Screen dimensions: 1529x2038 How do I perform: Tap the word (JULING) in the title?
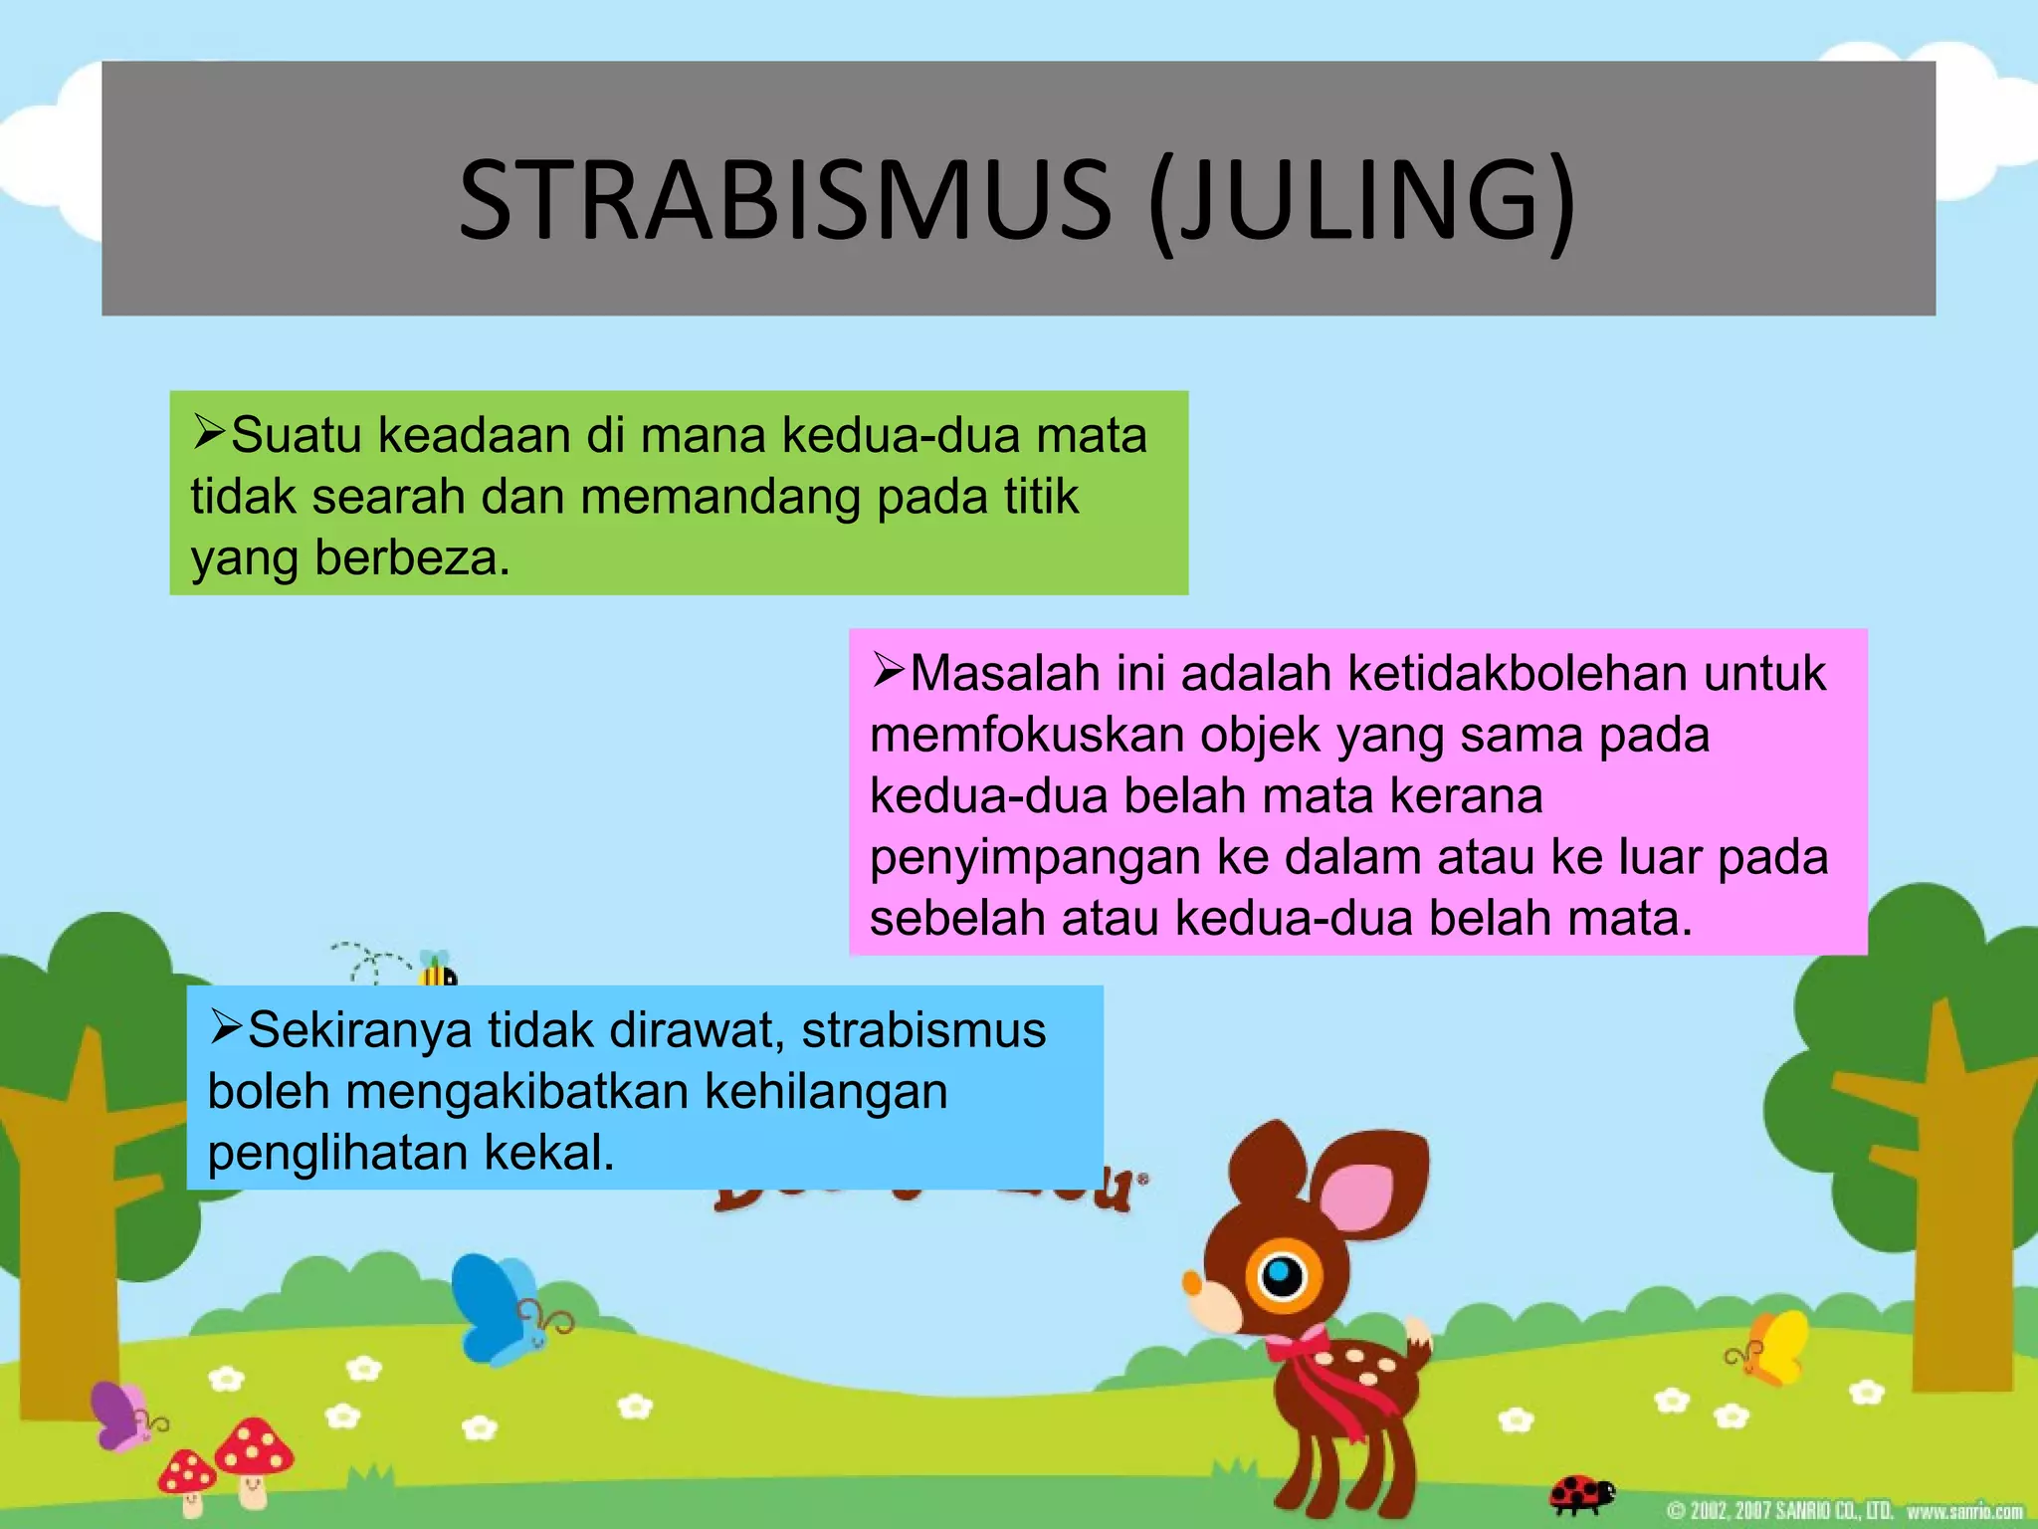pos(1361,203)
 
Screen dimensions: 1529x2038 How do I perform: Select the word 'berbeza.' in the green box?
pos(412,557)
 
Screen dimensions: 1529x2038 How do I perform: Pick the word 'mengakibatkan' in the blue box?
pos(517,1091)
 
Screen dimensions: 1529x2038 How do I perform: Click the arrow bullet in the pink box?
pos(888,669)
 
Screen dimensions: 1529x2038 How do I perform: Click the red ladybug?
pos(1582,1493)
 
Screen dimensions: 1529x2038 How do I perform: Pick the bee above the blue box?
pos(436,968)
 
